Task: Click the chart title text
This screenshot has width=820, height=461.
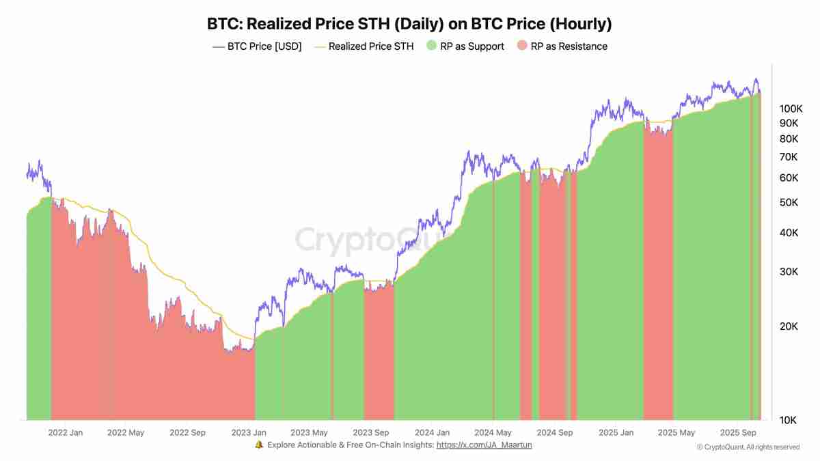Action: click(409, 24)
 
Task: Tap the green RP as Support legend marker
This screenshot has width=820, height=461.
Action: click(431, 46)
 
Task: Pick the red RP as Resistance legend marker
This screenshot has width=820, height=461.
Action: click(522, 46)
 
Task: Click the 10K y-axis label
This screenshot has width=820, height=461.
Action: click(787, 419)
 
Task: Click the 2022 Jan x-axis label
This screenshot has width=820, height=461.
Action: click(66, 432)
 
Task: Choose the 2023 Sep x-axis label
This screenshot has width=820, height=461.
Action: click(370, 432)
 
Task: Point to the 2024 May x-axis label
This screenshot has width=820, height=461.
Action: click(493, 432)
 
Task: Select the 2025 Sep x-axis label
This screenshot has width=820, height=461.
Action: click(737, 432)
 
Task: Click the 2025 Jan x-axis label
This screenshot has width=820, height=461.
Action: click(616, 432)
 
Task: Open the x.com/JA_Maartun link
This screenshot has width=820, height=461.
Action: click(484, 445)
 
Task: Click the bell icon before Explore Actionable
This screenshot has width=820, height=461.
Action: click(259, 445)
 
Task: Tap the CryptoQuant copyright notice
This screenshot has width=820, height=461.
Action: click(748, 447)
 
